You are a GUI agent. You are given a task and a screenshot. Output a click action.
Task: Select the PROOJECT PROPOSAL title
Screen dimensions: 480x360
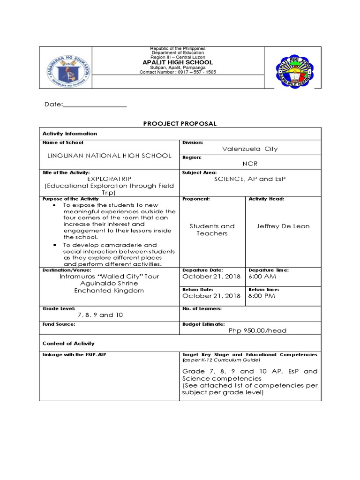pyautogui.click(x=180, y=123)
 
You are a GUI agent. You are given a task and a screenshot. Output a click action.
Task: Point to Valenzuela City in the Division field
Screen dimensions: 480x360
pyautogui.click(x=250, y=149)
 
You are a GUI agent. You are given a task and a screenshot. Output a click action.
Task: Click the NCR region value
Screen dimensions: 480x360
pyautogui.click(x=250, y=164)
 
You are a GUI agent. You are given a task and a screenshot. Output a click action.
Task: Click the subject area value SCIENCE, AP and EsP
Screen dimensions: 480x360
pyautogui.click(x=250, y=179)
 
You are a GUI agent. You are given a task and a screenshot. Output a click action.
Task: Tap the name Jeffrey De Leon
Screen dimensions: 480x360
pyautogui.click(x=283, y=226)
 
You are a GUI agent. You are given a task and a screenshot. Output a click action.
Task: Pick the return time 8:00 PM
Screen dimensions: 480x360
pyautogui.click(x=262, y=296)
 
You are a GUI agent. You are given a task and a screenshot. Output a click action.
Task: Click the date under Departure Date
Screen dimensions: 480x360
pyautogui.click(x=211, y=277)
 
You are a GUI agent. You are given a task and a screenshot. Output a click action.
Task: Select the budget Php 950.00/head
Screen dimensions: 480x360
pyautogui.click(x=257, y=330)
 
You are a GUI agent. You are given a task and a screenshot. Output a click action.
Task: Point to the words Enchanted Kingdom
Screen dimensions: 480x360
pyautogui.click(x=109, y=291)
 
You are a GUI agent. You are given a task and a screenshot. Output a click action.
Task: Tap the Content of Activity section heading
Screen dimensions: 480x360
pyautogui.click(x=68, y=343)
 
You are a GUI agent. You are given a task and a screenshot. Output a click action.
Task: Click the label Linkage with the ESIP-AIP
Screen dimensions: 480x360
pyautogui.click(x=71, y=355)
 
